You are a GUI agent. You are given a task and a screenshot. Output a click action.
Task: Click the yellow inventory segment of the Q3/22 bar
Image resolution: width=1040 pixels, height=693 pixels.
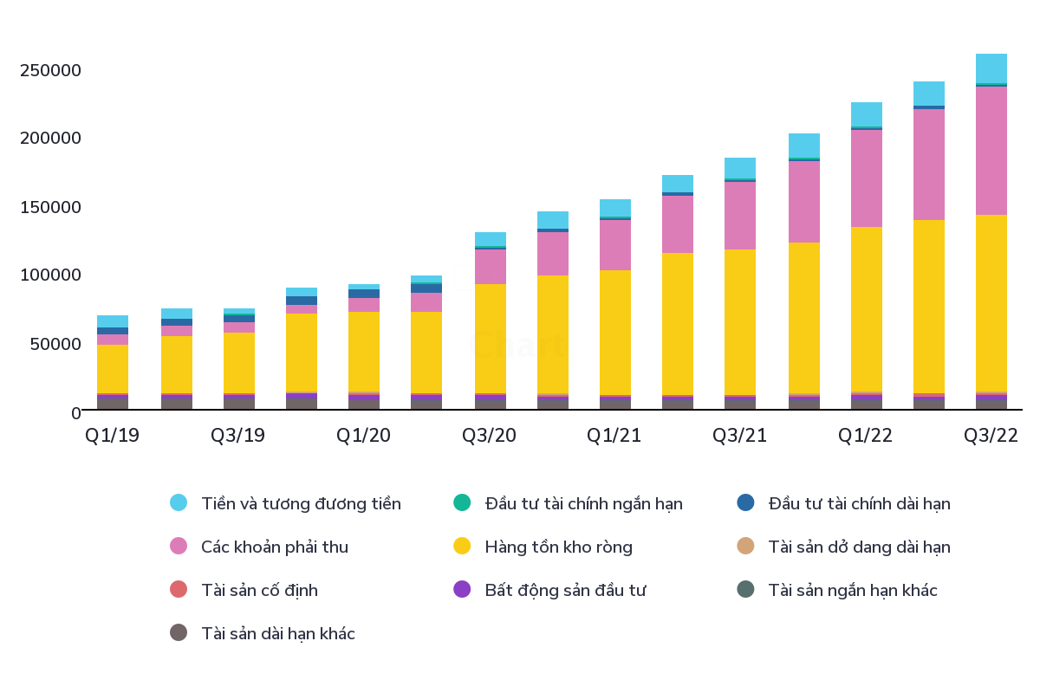[991, 303]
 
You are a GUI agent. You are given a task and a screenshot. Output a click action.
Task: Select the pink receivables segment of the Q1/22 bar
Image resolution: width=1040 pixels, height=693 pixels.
[866, 178]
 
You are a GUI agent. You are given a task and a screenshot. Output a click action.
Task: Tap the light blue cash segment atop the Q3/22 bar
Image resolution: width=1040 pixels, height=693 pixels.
[991, 68]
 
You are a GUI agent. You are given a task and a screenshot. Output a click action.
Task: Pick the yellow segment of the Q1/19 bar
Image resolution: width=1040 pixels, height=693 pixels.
[113, 368]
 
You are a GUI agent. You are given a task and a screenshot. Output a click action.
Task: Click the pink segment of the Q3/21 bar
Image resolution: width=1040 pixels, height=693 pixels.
[740, 216]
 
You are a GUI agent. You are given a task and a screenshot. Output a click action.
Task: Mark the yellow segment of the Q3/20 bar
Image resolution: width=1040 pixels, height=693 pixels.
[490, 338]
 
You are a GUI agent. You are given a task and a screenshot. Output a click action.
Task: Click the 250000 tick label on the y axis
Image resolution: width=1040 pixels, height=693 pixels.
[50, 70]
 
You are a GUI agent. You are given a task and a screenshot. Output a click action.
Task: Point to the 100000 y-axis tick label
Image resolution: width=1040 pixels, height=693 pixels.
[50, 275]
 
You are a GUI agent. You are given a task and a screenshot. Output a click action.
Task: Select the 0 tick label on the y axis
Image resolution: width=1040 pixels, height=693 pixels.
[75, 412]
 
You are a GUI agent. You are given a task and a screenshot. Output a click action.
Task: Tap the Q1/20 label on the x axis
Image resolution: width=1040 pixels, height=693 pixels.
[363, 436]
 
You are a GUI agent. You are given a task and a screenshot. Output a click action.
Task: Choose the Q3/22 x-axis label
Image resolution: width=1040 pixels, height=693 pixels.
[991, 436]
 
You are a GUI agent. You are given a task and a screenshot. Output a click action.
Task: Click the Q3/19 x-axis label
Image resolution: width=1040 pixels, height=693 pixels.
[237, 436]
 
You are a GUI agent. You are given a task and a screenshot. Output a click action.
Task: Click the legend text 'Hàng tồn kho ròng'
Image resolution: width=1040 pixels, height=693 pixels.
[558, 547]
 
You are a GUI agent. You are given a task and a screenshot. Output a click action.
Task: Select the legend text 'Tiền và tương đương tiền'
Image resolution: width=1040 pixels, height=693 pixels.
[301, 503]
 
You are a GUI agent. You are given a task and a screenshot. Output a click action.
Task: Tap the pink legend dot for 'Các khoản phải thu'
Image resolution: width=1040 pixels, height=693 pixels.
[179, 547]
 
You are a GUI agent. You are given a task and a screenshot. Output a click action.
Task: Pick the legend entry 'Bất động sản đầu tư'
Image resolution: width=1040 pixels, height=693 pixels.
[565, 590]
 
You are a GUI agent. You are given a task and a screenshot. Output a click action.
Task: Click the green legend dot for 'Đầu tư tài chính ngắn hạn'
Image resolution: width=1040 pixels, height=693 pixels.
[462, 503]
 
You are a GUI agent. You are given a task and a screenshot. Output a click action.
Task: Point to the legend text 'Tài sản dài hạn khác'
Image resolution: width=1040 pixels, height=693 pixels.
[277, 633]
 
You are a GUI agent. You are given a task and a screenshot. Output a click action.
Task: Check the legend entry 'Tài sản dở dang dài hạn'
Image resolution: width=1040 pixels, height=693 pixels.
[859, 547]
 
